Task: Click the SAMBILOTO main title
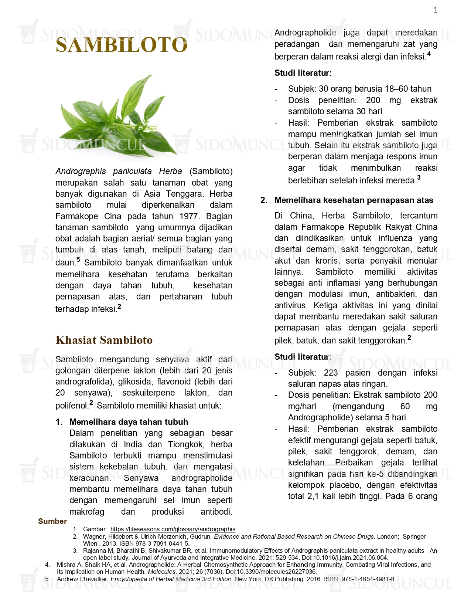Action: pyautogui.click(x=122, y=45)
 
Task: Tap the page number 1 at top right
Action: pyautogui.click(x=436, y=10)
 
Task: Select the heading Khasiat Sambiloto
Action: pyautogui.click(x=104, y=340)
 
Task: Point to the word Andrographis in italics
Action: pyautogui.click(x=81, y=172)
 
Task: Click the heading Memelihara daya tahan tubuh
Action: pyautogui.click(x=129, y=422)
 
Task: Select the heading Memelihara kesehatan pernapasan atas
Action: pyautogui.click(x=354, y=200)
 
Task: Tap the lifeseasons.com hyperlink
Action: pyautogui.click(x=173, y=529)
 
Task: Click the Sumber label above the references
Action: pyautogui.click(x=52, y=521)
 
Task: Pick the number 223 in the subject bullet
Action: pyautogui.click(x=331, y=373)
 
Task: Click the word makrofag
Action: pyautogui.click(x=87, y=512)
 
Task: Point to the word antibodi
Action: pyautogui.click(x=216, y=512)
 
